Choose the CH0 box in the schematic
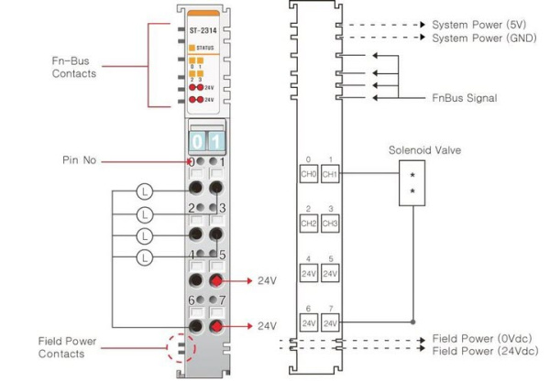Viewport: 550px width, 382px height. (x=308, y=171)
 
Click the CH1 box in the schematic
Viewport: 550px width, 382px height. (x=330, y=171)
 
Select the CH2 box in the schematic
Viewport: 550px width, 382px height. (x=308, y=222)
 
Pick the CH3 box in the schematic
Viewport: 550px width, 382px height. (x=330, y=222)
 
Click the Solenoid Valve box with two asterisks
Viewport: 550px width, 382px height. (x=412, y=183)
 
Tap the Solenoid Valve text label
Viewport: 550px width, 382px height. (x=423, y=149)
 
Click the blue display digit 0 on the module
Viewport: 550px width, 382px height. (x=196, y=141)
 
